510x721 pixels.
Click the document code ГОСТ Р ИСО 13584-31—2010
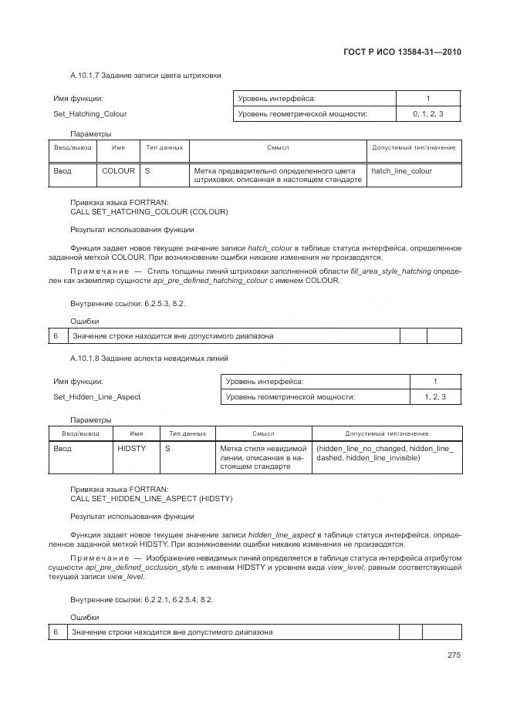pyautogui.click(x=406, y=52)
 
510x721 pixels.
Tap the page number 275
pyautogui.click(x=454, y=656)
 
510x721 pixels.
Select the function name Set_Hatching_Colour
pyautogui.click(x=90, y=114)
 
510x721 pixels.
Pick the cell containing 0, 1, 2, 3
pyautogui.click(x=427, y=114)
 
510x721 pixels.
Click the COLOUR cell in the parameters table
pyautogui.click(x=118, y=170)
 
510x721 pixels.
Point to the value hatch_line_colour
pyautogui.click(x=401, y=170)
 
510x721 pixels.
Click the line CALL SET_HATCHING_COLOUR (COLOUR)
pyautogui.click(x=149, y=211)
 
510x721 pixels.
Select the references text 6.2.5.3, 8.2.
pyautogui.click(x=160, y=303)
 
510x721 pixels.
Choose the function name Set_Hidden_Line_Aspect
pyautogui.click(x=96, y=397)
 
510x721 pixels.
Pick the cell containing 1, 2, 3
pyautogui.click(x=434, y=397)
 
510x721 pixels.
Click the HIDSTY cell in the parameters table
pyautogui.click(x=131, y=449)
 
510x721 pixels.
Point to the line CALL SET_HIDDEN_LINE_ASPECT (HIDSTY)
pyautogui.click(x=151, y=498)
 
